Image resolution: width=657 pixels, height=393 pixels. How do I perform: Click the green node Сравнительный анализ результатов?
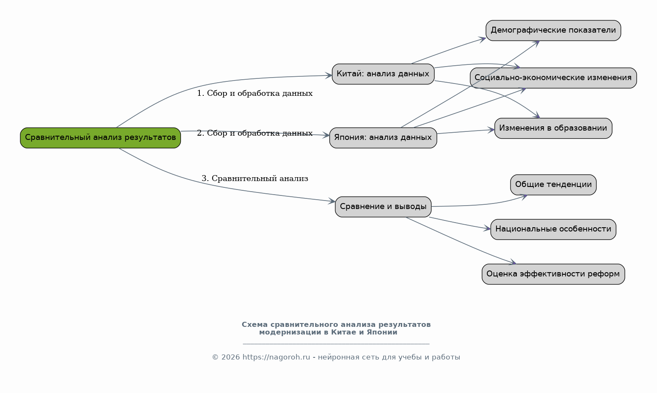tap(100, 138)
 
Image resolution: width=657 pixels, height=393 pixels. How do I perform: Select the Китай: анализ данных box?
tap(383, 74)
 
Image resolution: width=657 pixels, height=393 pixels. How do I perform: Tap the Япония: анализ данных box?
tap(383, 138)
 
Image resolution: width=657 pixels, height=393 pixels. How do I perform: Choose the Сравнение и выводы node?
tap(383, 207)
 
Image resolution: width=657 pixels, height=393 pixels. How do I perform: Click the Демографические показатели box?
tap(553, 31)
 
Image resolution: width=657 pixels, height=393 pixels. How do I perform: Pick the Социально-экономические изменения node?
tap(553, 78)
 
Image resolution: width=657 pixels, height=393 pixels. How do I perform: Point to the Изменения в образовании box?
tap(553, 128)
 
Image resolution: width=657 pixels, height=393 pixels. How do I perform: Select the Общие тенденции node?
tap(553, 185)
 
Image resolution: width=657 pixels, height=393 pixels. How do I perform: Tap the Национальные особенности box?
tap(553, 229)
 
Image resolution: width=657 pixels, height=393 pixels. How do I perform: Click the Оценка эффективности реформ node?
tap(553, 274)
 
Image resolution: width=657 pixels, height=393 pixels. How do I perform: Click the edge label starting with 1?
tap(254, 93)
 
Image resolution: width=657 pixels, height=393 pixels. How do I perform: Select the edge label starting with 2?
tap(254, 134)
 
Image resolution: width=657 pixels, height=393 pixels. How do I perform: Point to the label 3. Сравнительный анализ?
tap(254, 178)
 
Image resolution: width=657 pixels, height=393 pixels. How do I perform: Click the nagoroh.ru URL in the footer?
tap(276, 357)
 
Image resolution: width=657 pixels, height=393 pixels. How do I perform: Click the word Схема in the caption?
tap(254, 325)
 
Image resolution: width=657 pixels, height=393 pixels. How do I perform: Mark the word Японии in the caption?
tap(382, 332)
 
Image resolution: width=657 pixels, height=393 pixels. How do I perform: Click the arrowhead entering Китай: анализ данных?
tap(328, 76)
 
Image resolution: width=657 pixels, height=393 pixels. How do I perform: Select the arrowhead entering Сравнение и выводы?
tap(332, 201)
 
